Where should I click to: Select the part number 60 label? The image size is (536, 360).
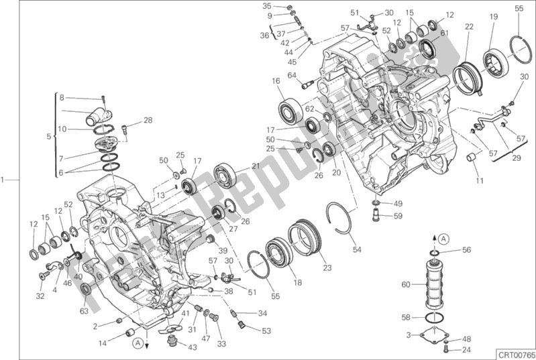pos(405,284)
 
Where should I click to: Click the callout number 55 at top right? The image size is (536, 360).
pos(519,8)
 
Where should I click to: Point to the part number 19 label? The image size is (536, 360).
pos(493,17)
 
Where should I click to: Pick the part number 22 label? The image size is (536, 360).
pos(469,27)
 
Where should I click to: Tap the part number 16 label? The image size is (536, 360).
pos(275,82)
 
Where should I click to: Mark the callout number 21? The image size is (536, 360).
pos(256,166)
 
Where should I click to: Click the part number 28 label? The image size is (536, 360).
pos(148,121)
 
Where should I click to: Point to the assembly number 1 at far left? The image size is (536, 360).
pos(4,180)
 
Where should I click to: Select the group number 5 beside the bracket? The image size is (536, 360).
pos(48,137)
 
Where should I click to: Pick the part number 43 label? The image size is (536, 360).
pos(193,347)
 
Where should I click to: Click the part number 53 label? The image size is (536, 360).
pos(267,330)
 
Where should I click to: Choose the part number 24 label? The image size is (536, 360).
pos(467,350)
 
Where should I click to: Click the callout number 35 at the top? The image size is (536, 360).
pos(267,5)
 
